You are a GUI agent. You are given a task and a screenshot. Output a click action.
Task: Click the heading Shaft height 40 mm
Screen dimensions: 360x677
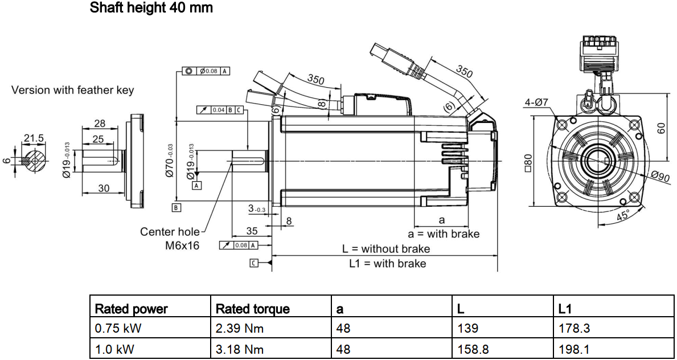coord(151,9)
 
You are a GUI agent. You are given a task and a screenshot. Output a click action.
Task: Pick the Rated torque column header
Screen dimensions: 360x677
coord(252,309)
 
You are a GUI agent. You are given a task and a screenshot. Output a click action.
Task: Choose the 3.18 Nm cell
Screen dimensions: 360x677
coord(240,349)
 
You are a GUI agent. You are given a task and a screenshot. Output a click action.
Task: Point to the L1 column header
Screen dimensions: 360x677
coord(565,309)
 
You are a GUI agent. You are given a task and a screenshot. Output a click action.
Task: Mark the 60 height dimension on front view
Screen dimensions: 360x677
coord(660,128)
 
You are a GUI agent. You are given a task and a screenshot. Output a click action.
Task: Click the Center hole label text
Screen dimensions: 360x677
coord(170,232)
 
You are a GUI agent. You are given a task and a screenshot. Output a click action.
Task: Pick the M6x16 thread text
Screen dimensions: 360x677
coord(182,246)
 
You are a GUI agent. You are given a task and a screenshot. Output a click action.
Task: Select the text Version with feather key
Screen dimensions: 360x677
coord(73,90)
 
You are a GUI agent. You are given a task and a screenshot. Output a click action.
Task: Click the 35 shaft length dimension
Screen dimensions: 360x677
coord(251,231)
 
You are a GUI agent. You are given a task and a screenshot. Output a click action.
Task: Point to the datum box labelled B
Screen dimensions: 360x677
coord(177,207)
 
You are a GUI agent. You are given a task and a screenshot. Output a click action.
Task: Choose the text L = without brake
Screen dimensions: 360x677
coord(386,249)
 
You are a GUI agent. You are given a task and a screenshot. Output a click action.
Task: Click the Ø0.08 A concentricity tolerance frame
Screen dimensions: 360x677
coord(207,71)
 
